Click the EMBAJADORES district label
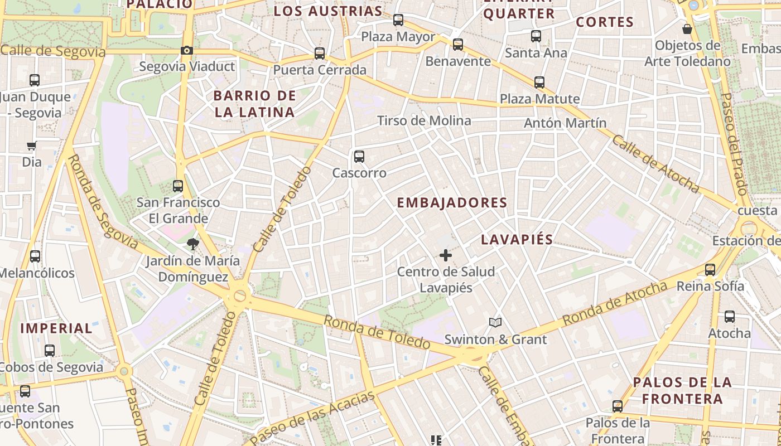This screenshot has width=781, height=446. click(x=452, y=203)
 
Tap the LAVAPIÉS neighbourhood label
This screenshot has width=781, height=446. click(x=517, y=240)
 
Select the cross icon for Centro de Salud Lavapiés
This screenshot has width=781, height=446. click(x=445, y=255)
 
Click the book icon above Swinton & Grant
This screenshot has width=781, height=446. click(x=495, y=322)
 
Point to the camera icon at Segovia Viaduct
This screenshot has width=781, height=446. click(x=187, y=51)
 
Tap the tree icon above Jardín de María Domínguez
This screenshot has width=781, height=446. click(x=193, y=244)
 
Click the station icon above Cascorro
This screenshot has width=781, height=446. click(x=359, y=157)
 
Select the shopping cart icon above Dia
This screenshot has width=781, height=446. click(x=32, y=146)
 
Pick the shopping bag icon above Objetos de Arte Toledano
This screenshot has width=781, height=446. click(x=687, y=29)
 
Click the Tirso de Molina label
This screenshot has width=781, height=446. click(x=424, y=120)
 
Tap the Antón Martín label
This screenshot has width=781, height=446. click(x=565, y=123)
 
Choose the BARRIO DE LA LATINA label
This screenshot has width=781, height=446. click(x=254, y=104)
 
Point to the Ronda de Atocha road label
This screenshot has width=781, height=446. click(x=615, y=303)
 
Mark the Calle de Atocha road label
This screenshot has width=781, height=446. click(x=655, y=163)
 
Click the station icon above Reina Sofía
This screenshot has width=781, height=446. click(x=710, y=270)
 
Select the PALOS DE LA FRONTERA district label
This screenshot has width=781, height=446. click(x=682, y=390)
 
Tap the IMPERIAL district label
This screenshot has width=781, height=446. click(x=56, y=328)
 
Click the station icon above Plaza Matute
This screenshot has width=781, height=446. click(x=539, y=83)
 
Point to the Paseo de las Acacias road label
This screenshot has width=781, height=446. click(x=312, y=418)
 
